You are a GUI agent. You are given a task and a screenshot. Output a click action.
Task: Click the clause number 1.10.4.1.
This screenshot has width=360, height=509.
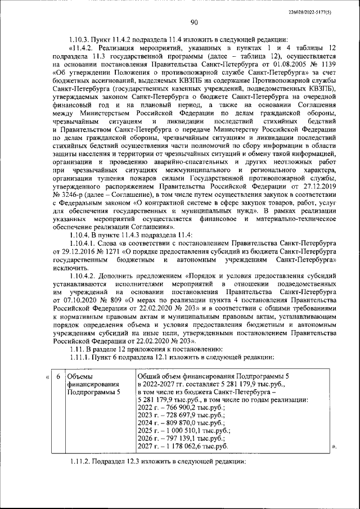[81, 245]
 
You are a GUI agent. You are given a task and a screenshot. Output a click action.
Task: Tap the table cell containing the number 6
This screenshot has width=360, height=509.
[57, 376]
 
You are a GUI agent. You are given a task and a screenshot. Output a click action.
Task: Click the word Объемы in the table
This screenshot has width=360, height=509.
[80, 376]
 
